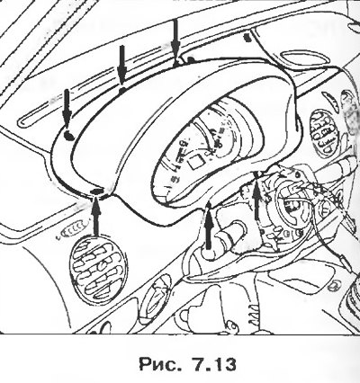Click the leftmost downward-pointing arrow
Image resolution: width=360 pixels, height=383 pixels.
(67, 110)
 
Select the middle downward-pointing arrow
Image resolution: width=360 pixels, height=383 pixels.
(121, 66)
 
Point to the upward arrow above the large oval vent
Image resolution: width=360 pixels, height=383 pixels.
(96, 217)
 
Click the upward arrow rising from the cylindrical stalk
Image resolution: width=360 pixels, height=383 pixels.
(209, 227)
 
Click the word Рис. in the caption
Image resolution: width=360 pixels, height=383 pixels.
(157, 363)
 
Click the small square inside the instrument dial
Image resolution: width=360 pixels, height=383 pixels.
(195, 162)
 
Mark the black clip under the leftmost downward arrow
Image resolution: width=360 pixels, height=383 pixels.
(69, 137)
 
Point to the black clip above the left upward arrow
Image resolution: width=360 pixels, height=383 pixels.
(97, 191)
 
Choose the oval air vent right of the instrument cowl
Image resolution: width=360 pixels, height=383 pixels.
(323, 132)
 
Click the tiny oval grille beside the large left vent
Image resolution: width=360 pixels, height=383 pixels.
(74, 231)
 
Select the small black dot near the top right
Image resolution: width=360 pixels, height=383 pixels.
(247, 38)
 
